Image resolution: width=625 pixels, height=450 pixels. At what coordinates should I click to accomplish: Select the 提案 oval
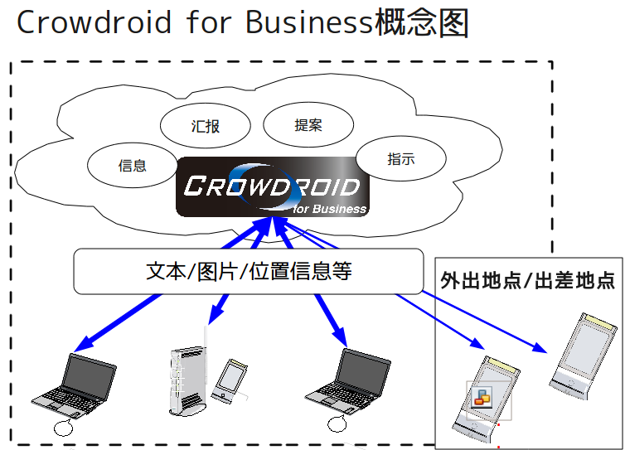pyautogui.click(x=308, y=125)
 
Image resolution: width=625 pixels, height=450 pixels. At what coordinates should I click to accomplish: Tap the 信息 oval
pyautogui.click(x=133, y=165)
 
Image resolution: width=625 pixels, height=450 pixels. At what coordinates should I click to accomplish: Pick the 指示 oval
pyautogui.click(x=400, y=159)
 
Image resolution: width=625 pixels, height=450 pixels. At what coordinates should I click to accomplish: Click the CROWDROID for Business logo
pyautogui.click(x=272, y=187)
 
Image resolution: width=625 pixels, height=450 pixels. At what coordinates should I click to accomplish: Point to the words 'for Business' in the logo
pyautogui.click(x=329, y=208)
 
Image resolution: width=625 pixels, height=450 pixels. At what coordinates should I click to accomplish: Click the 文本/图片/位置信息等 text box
pyautogui.click(x=248, y=271)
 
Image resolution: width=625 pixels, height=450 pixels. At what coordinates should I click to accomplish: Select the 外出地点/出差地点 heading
pyautogui.click(x=528, y=280)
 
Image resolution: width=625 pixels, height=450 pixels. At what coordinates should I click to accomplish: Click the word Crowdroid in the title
pyautogui.click(x=92, y=22)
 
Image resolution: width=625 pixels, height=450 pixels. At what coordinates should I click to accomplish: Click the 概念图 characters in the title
pyautogui.click(x=422, y=22)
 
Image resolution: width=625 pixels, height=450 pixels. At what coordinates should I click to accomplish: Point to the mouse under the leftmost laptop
pyautogui.click(x=62, y=427)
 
